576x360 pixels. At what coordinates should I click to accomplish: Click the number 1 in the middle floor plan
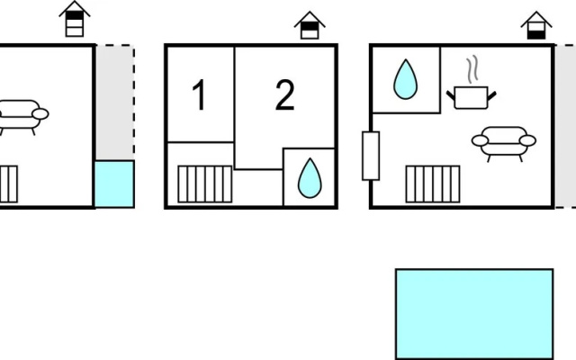199,94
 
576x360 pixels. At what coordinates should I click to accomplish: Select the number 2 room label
285,94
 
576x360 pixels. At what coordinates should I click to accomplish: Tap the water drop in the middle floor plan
310,178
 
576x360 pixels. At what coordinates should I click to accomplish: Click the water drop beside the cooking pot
406,79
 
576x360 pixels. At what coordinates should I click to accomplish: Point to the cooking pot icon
472,97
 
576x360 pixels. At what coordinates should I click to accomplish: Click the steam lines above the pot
472,68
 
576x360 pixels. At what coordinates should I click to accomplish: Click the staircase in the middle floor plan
205,184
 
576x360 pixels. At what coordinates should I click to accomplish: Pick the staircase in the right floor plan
433,184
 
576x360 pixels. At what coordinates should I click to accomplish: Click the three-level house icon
75,19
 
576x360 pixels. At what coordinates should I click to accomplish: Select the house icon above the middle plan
310,25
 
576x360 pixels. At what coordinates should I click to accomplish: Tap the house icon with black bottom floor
536,25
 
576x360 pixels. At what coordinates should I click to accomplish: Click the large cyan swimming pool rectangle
474,314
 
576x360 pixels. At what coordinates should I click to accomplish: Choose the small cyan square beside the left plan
114,184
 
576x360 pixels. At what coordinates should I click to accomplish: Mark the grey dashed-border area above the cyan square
115,103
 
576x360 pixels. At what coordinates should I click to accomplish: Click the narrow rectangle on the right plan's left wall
371,156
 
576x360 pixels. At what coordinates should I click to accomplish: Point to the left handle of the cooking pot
450,95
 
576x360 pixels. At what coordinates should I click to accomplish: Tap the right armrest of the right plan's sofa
528,140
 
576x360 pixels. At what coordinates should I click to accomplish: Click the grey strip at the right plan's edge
565,126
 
